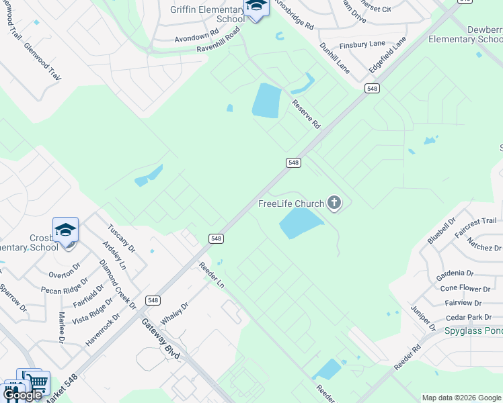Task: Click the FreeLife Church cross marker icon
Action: tap(334, 204)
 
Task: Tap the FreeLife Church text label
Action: tap(292, 204)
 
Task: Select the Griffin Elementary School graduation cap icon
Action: tap(256, 7)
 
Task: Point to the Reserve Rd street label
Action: tap(306, 114)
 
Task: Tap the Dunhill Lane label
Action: tap(334, 58)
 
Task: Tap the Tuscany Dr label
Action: tap(122, 239)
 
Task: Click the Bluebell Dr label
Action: tap(442, 230)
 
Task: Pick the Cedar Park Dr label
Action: tap(469, 317)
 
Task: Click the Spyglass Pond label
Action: tap(473, 330)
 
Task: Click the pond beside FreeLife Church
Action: tap(301, 223)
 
